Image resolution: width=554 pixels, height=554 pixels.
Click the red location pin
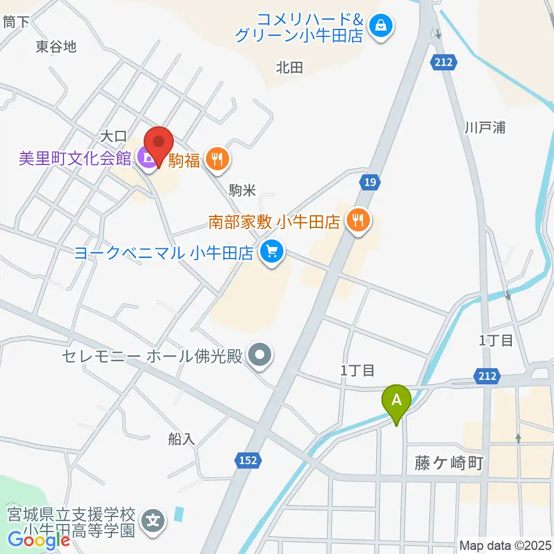click(158, 144)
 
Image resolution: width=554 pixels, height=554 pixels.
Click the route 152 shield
click(249, 460)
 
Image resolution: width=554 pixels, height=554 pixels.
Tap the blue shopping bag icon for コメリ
click(381, 25)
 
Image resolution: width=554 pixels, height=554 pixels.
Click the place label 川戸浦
click(485, 128)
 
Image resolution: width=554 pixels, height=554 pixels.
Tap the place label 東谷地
click(55, 47)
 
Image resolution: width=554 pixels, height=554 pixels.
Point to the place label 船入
click(182, 439)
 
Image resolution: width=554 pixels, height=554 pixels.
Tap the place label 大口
click(113, 137)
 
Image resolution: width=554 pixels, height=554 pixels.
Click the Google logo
click(39, 540)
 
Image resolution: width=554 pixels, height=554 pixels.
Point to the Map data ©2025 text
click(504, 545)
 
